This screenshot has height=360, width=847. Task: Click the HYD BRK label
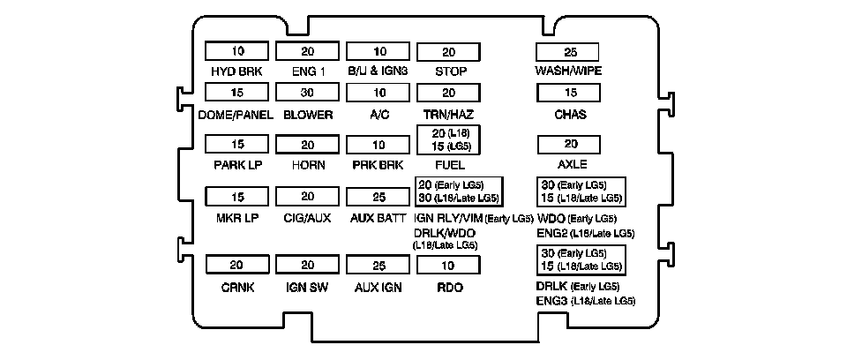coord(236,71)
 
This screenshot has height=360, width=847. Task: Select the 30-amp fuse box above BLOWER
coord(307,93)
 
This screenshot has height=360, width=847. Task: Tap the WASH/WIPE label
coord(568,71)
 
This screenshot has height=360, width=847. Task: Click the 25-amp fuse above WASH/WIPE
coord(568,50)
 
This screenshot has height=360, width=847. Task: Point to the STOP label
coord(448,71)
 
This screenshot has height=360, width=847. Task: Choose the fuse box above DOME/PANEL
coord(236,93)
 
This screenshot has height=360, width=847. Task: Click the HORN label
coord(307,164)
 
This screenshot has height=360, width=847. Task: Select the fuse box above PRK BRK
coord(378,144)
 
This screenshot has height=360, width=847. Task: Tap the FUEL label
coord(448,164)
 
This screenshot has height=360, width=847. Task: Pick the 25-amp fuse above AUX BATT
coord(378,196)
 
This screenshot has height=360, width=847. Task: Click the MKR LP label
coord(236,217)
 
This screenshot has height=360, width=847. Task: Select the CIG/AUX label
coord(307,217)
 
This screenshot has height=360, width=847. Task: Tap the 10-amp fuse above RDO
coord(448,266)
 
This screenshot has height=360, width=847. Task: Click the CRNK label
coord(236,288)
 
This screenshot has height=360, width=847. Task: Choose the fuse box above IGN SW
coord(307,266)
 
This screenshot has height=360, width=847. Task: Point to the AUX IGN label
coord(378,288)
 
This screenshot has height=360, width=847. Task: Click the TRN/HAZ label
coord(448,115)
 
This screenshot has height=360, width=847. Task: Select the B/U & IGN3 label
coord(378,71)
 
